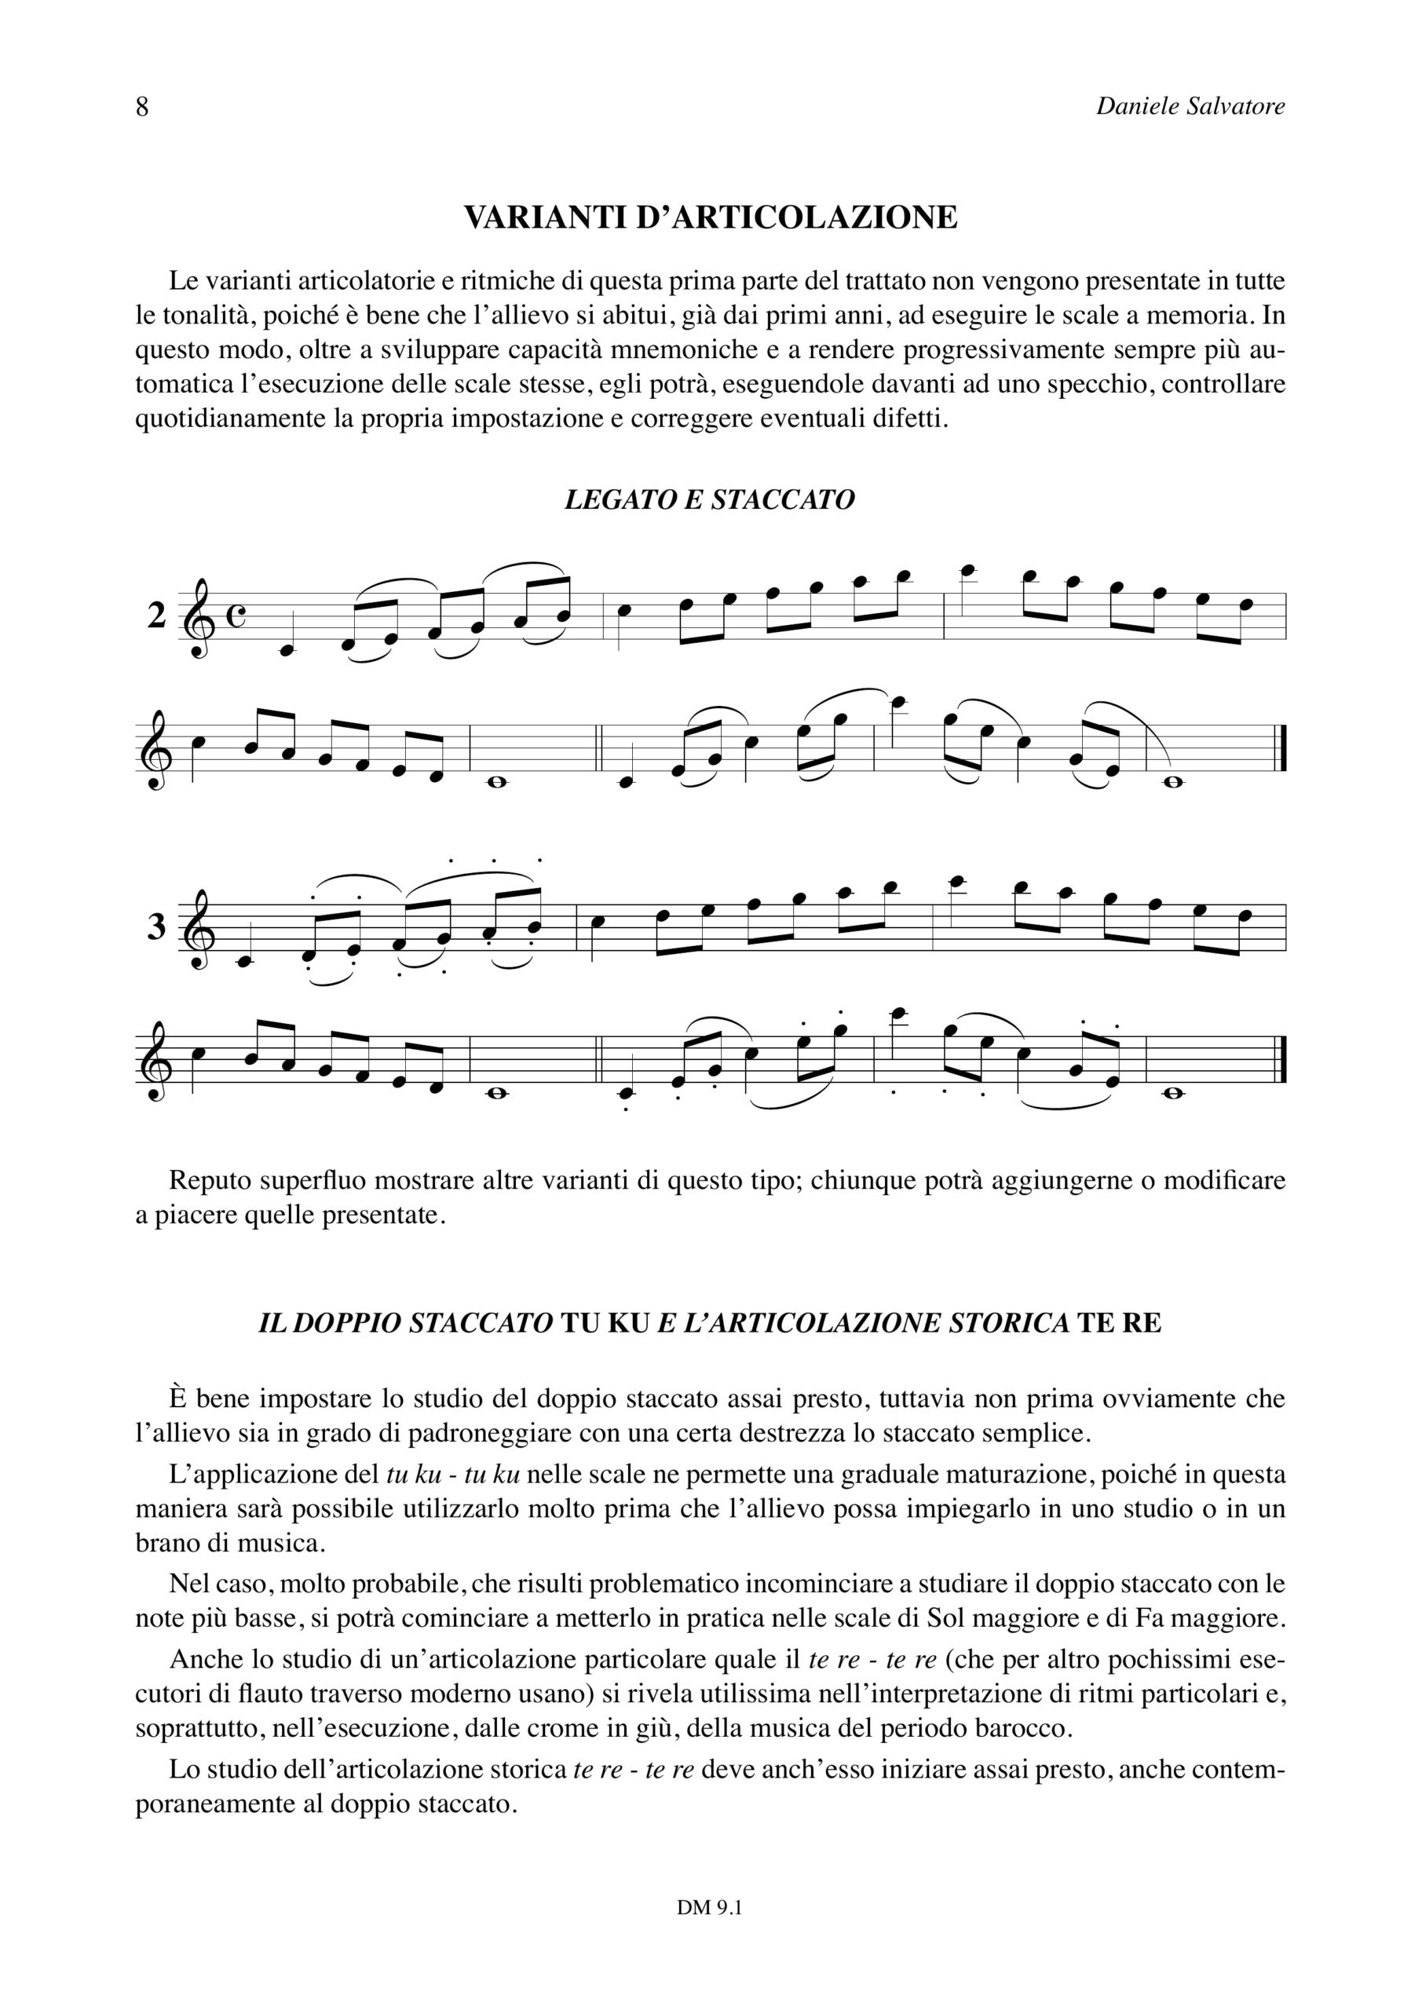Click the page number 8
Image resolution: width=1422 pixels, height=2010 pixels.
coord(142,107)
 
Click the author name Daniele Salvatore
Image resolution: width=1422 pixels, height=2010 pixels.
coord(1190,107)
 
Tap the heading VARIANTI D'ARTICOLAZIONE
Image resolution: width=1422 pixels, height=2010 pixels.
coord(710,217)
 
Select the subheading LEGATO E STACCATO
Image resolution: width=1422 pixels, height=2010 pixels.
coord(709,499)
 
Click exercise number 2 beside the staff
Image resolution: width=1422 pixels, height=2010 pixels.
coord(155,616)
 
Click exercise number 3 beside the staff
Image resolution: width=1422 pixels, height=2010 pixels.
coord(155,926)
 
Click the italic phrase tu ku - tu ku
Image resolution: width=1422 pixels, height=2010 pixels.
coord(453,1475)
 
